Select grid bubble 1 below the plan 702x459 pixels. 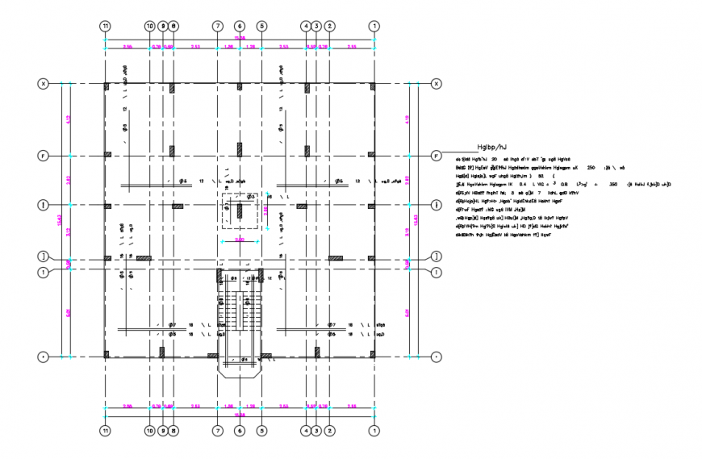tap(374, 432)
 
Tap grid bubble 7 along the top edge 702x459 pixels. tap(217, 26)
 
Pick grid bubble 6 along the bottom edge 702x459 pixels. tap(240, 432)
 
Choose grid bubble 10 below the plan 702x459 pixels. tap(149, 432)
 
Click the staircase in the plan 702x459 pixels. tap(239, 311)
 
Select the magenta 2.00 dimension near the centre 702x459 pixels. tap(239, 240)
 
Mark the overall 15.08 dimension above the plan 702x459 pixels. tap(240, 39)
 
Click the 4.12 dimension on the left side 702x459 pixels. tap(69, 119)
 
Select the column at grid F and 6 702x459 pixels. tap(240, 149)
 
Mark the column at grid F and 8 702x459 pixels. tap(173, 149)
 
